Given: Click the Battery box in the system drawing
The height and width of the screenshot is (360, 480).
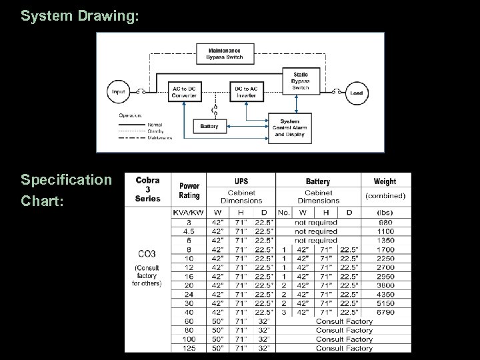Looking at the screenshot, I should point(209,125).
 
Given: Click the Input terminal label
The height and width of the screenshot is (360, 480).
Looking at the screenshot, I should point(119,93).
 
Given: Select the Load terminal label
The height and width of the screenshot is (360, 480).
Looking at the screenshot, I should point(357,93).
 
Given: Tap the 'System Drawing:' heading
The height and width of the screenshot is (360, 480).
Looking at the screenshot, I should point(79,15).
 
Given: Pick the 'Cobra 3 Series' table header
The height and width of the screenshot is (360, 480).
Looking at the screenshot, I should point(147,189).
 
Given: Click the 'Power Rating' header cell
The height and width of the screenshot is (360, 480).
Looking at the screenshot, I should point(189,191).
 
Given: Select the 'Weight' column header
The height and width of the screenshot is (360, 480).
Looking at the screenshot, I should point(385,181).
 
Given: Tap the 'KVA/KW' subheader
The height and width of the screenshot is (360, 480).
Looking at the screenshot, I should point(189,213).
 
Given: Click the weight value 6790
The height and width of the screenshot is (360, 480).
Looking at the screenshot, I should point(385,312).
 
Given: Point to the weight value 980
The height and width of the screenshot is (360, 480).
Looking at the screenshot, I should point(385,222).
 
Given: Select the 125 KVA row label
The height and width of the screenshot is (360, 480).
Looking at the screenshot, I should point(189,348).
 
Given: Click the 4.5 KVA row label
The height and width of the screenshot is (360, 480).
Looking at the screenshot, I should point(189,231).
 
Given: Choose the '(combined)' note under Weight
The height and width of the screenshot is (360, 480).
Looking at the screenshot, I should point(385,196).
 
